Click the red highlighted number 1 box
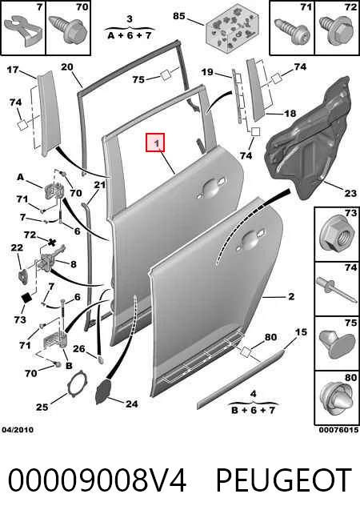[155, 143]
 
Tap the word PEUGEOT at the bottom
[284, 480]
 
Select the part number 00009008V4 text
[97, 480]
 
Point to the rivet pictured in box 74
[338, 290]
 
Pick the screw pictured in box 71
[291, 30]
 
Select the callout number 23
[350, 193]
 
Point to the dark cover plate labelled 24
[105, 391]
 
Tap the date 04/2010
[18, 430]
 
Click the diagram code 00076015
[338, 430]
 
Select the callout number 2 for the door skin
[291, 296]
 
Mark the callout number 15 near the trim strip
[301, 332]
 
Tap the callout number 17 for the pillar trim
[13, 70]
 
